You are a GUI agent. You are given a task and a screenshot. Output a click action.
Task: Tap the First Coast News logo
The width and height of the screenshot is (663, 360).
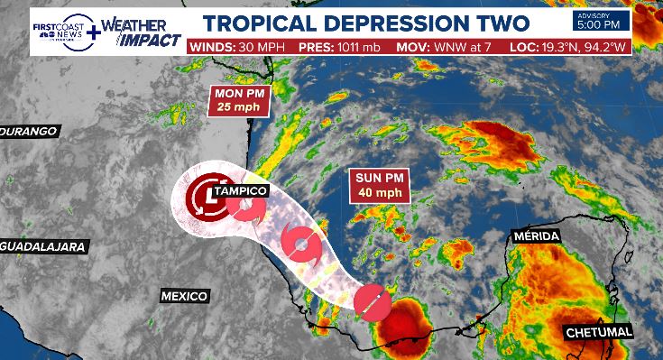(62, 29)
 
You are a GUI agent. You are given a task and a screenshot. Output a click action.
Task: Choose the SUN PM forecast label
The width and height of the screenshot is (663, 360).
(379, 179)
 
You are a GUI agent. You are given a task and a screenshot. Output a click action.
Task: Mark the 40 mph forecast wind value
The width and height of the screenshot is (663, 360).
(379, 193)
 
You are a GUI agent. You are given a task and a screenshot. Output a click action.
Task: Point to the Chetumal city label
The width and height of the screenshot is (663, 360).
(600, 333)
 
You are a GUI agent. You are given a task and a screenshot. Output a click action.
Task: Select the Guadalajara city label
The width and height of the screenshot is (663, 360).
(43, 246)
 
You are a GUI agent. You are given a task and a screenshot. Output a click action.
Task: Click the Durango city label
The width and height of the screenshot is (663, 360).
(31, 131)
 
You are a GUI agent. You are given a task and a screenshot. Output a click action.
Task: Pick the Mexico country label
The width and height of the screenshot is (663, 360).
(184, 296)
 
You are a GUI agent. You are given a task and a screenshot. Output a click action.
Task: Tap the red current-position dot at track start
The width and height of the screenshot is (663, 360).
(371, 301)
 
